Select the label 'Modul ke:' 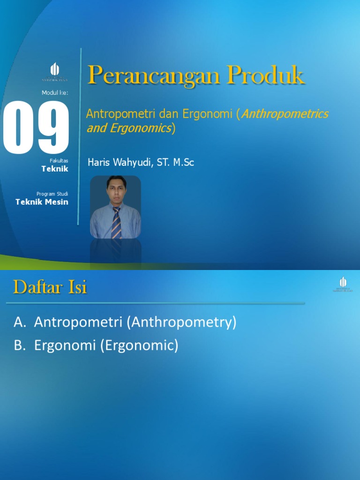tap(55, 93)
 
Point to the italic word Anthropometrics tap(285, 114)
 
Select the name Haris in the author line tap(98, 163)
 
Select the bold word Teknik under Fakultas tap(55, 169)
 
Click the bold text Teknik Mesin tap(42, 202)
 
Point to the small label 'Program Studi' tap(52, 194)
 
